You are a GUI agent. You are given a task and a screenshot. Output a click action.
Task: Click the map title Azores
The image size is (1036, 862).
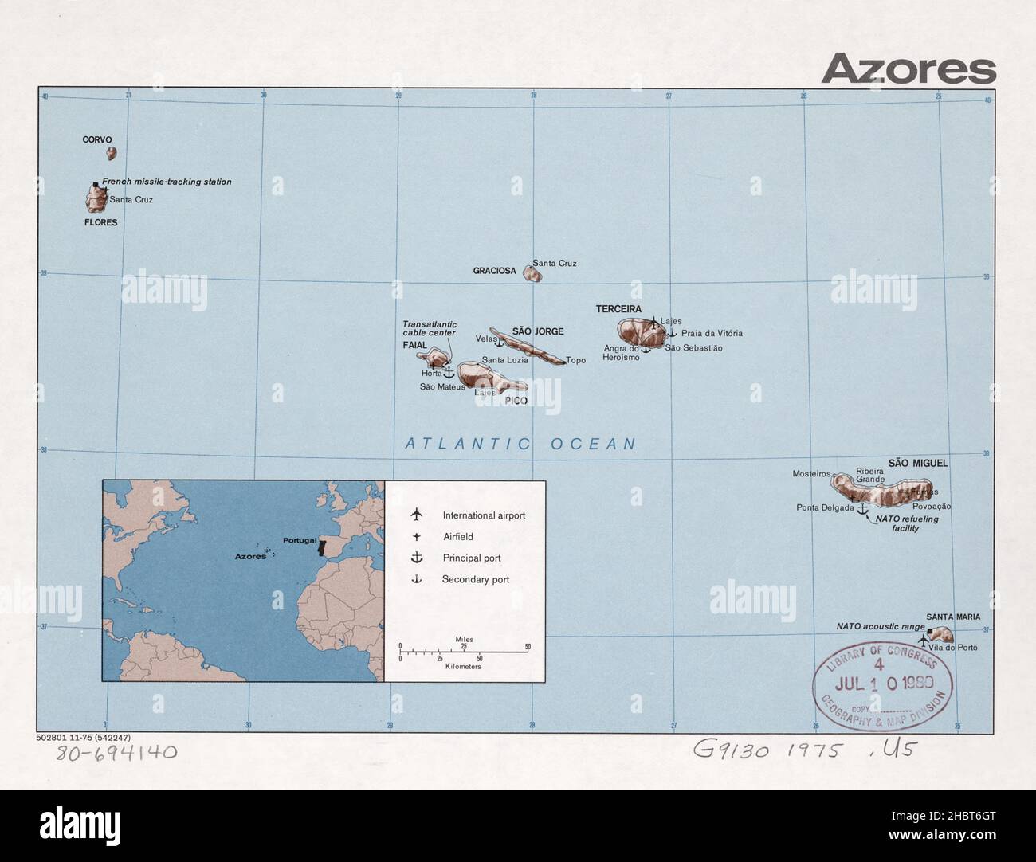point(908,69)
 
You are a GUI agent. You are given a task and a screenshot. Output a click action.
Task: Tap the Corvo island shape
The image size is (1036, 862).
point(112,153)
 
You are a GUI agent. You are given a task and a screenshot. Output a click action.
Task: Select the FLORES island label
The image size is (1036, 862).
point(100,222)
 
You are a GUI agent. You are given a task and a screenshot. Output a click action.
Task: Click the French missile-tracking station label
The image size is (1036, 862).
point(167,182)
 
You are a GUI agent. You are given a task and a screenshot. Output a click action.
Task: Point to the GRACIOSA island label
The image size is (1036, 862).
point(494,271)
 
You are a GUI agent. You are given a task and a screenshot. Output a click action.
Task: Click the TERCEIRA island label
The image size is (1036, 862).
point(618,308)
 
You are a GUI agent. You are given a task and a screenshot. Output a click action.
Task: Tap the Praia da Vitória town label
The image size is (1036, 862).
point(712,334)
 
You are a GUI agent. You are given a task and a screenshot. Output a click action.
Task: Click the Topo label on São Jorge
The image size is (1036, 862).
point(575,360)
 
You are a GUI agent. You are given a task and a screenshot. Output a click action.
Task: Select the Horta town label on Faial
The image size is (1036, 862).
point(431,374)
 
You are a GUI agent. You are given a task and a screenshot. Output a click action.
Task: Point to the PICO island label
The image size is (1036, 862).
point(516,401)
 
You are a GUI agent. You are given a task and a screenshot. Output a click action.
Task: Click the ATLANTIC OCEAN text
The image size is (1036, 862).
point(520,445)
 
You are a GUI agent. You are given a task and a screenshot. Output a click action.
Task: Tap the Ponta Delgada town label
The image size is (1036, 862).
point(825,507)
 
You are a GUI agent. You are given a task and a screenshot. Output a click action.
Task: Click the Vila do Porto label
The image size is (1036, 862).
point(956,648)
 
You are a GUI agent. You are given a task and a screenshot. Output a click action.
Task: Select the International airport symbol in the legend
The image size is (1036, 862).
point(415,515)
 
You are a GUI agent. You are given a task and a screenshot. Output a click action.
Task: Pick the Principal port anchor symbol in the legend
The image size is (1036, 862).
point(415,558)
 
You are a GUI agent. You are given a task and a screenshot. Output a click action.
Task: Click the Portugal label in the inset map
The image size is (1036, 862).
point(300,540)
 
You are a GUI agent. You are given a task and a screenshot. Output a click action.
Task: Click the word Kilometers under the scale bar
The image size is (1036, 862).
point(463,666)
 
